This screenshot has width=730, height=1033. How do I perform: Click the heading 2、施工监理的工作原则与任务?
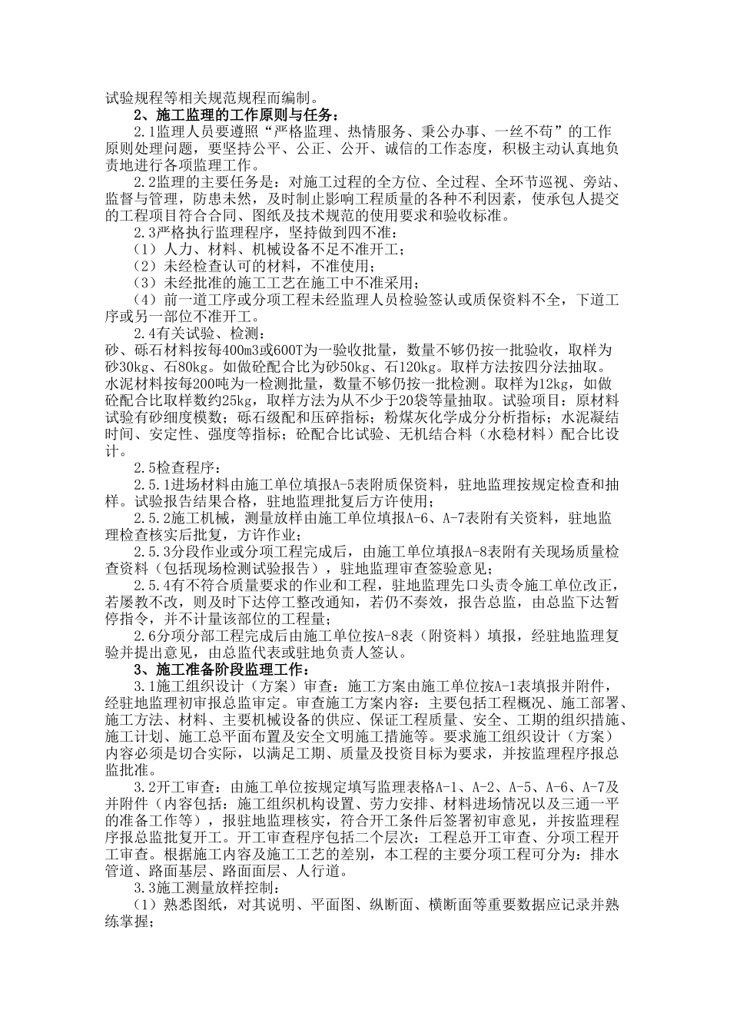[235, 115]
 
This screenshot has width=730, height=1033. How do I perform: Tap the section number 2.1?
[145, 132]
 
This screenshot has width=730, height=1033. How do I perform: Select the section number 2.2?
[145, 182]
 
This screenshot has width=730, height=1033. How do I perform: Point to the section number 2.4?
[145, 333]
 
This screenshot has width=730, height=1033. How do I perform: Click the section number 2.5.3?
[151, 551]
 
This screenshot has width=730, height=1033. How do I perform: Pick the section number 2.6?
[145, 635]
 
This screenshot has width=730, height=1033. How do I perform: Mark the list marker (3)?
[145, 283]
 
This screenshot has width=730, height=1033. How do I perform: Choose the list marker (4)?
[145, 300]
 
